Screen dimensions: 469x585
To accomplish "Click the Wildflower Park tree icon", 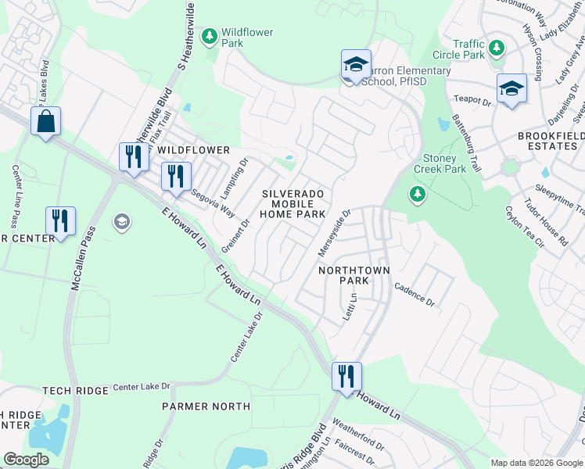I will [x=209, y=36].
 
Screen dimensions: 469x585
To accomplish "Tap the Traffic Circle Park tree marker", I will [x=496, y=48].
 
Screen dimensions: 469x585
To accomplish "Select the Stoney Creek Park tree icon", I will [x=418, y=194].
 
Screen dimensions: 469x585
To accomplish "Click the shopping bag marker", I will [x=45, y=122].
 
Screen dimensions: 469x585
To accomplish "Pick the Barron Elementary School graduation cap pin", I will [x=355, y=65].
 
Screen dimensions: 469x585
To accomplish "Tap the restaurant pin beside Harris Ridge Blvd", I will [x=346, y=376].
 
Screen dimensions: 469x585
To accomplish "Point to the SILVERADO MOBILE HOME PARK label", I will [x=293, y=203].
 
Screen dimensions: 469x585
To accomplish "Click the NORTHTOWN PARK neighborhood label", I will [x=354, y=275].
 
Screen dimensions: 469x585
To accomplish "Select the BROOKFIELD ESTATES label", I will [x=551, y=141].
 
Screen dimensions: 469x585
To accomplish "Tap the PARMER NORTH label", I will [x=206, y=406].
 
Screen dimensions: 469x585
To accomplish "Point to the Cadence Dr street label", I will [x=414, y=294].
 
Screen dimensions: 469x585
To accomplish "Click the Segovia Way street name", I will [x=212, y=202].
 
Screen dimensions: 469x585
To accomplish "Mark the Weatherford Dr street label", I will [x=359, y=436].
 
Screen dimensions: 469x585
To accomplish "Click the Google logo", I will [x=27, y=460].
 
